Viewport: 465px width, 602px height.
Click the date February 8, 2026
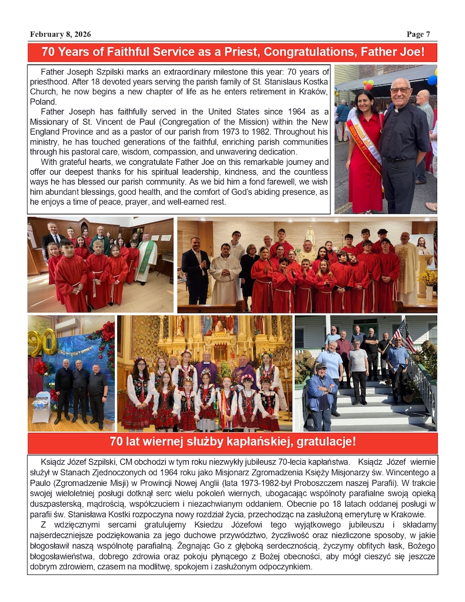[60, 34]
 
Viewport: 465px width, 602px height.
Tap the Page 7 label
[418, 34]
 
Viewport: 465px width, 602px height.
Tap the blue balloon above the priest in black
[432, 79]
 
